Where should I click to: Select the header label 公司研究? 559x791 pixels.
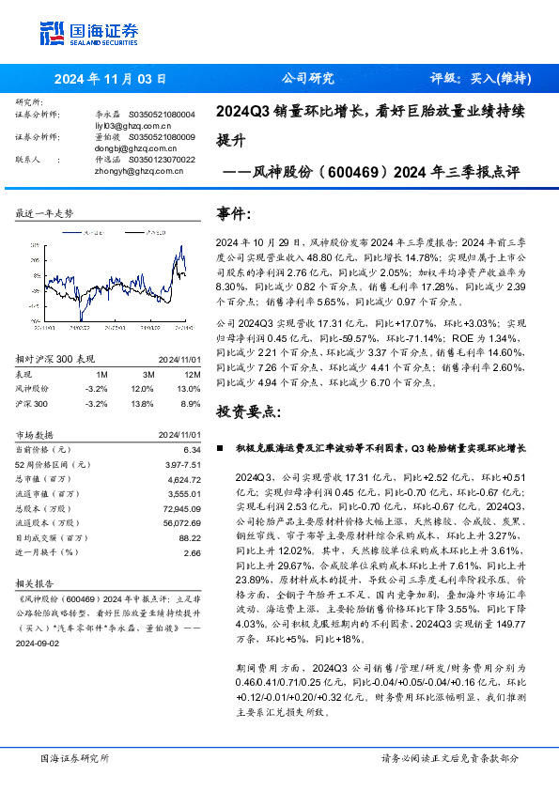(x=308, y=79)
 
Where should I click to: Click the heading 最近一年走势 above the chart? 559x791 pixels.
(x=45, y=213)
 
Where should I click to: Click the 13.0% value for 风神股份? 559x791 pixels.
(x=189, y=387)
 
